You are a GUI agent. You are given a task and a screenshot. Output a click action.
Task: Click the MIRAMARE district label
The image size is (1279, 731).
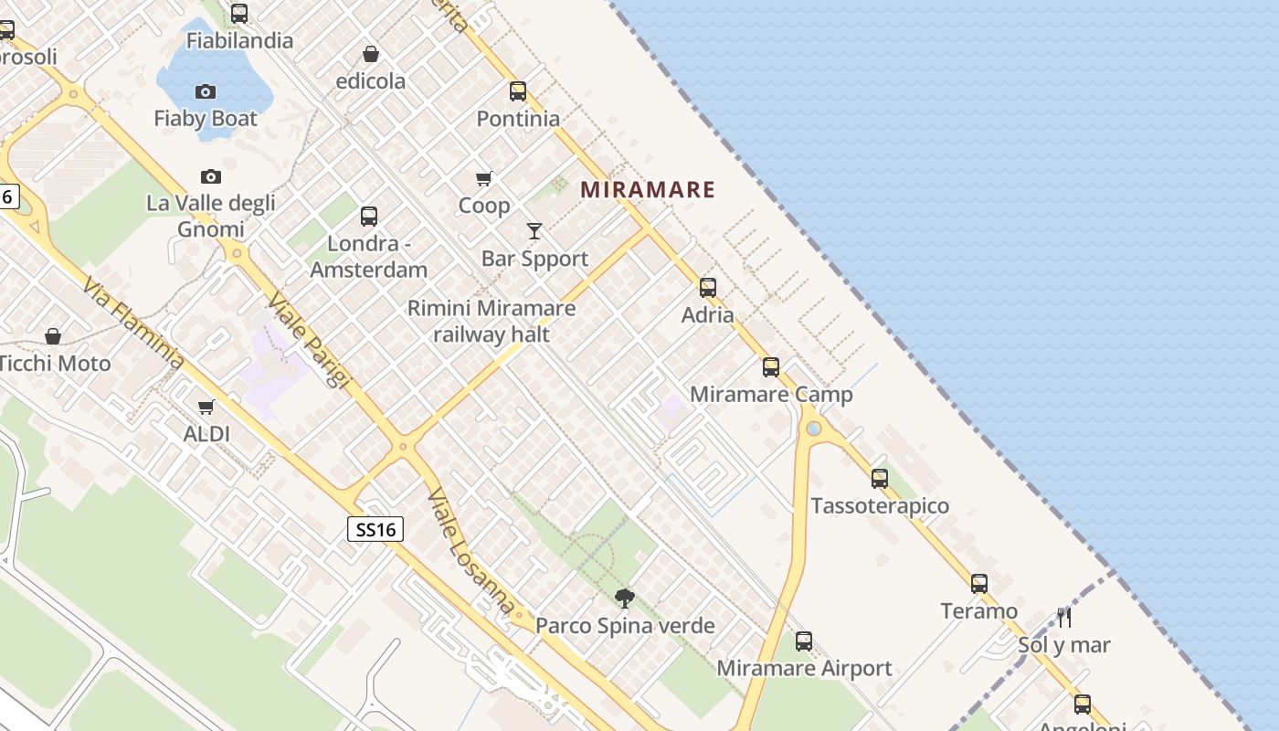(x=648, y=190)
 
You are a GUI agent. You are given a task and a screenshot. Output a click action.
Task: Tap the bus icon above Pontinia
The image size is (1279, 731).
(x=518, y=91)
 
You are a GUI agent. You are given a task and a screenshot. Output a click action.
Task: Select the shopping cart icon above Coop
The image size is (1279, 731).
(x=483, y=178)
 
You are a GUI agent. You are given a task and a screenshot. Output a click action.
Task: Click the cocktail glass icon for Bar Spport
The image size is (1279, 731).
(x=534, y=231)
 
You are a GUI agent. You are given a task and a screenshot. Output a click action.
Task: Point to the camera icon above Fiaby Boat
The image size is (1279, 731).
(x=206, y=91)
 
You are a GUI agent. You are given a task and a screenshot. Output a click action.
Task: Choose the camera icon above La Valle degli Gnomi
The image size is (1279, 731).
(x=211, y=176)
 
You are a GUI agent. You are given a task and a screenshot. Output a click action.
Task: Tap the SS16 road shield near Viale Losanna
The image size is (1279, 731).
(x=375, y=529)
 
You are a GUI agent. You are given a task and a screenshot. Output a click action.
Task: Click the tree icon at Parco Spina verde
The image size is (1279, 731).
(x=625, y=599)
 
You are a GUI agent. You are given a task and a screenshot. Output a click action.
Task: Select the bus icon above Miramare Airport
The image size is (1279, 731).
(x=804, y=641)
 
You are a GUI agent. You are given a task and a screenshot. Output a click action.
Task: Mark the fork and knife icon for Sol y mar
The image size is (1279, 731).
(x=1064, y=618)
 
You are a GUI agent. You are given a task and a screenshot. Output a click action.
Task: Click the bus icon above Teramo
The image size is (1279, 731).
(x=979, y=583)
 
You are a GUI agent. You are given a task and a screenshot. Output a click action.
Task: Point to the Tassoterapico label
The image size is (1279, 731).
(x=880, y=505)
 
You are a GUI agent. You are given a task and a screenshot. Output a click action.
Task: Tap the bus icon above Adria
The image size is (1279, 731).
(x=708, y=288)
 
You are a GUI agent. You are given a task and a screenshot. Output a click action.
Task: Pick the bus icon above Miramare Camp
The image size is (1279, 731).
(x=771, y=367)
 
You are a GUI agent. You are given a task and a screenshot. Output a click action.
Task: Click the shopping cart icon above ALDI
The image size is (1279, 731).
(x=206, y=407)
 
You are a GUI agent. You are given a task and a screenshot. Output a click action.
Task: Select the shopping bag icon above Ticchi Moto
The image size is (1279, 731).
(x=53, y=336)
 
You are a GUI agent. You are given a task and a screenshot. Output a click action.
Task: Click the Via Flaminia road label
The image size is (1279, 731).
(x=132, y=324)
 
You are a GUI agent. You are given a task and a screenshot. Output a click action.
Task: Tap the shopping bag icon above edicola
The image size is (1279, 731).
(x=371, y=54)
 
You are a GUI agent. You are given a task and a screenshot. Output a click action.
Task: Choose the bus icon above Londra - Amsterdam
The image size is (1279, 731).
(x=369, y=217)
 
